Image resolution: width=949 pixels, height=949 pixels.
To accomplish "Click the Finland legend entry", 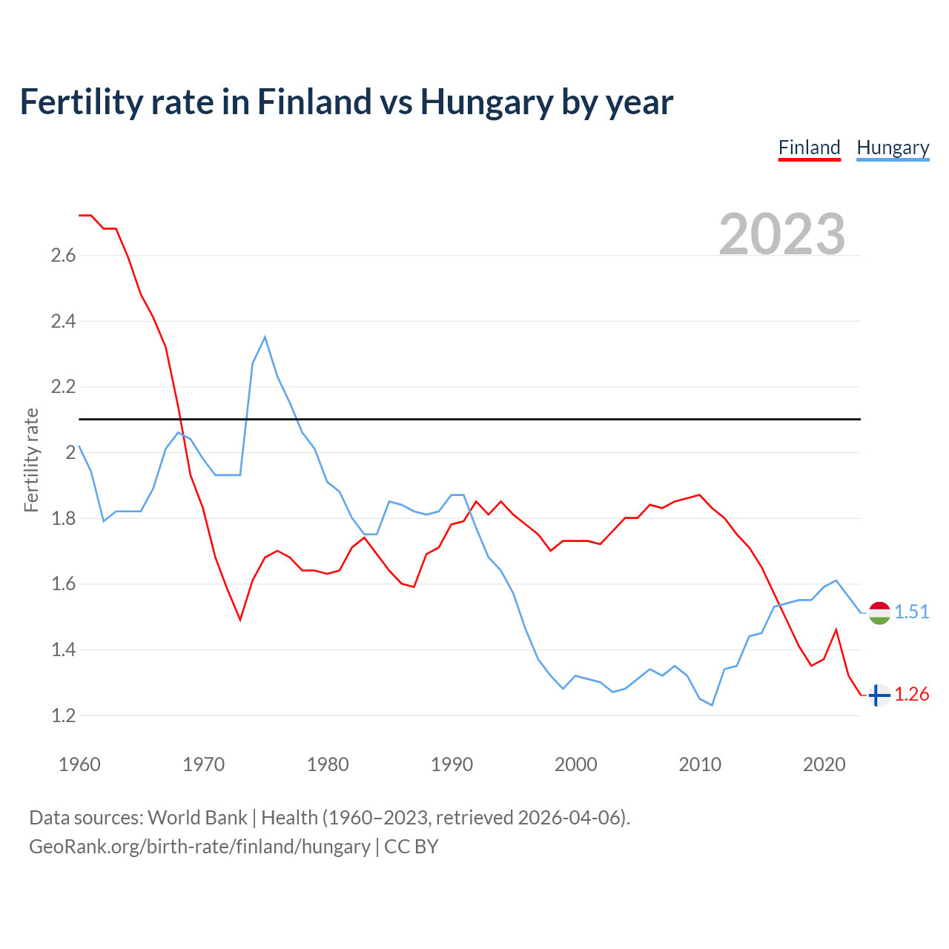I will [x=809, y=148].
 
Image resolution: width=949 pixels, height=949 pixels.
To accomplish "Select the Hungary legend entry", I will [x=893, y=148].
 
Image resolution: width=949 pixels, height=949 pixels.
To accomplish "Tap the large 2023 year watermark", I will [x=782, y=234].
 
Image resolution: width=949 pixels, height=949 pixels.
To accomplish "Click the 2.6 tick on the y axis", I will [x=63, y=256].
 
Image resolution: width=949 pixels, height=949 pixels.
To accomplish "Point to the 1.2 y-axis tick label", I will [x=63, y=716].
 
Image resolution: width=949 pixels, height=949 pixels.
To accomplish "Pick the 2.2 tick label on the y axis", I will [x=63, y=387].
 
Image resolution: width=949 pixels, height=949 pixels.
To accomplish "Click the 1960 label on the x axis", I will [x=79, y=764].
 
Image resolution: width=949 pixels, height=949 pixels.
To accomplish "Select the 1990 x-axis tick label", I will [x=452, y=764].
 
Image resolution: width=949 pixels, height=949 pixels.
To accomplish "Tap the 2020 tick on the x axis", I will [x=824, y=764].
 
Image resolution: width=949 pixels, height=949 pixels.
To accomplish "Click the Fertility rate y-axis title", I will [x=31, y=460].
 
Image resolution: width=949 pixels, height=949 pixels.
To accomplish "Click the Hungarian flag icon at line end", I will [x=879, y=612].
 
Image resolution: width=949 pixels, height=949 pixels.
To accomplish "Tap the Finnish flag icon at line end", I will [x=879, y=695].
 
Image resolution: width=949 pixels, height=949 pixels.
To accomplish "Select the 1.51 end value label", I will [x=911, y=612].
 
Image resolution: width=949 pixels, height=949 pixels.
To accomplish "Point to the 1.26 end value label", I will [x=911, y=695].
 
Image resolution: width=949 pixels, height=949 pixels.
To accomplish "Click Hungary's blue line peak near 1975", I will [x=265, y=337].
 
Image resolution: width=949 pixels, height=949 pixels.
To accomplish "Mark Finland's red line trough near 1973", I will [x=240, y=619].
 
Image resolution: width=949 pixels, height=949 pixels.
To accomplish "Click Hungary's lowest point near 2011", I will [x=712, y=704].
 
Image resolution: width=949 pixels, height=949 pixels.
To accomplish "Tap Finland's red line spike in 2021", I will [x=836, y=630].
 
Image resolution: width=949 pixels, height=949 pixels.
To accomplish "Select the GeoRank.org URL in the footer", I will [x=199, y=847].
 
